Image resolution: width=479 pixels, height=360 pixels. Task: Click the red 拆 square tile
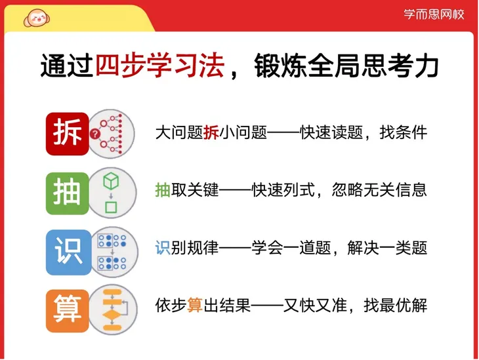pos(68,133)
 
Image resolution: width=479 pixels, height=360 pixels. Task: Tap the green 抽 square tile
pos(68,191)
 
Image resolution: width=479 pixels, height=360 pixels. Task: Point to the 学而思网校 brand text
pos(434,14)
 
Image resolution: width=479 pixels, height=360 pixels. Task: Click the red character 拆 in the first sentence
pos(211,133)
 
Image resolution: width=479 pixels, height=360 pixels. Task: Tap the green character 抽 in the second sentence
pos(163,190)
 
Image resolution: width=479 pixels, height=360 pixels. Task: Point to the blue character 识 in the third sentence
pos(163,248)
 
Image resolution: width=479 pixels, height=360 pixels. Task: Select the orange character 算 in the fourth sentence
pos(195,306)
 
